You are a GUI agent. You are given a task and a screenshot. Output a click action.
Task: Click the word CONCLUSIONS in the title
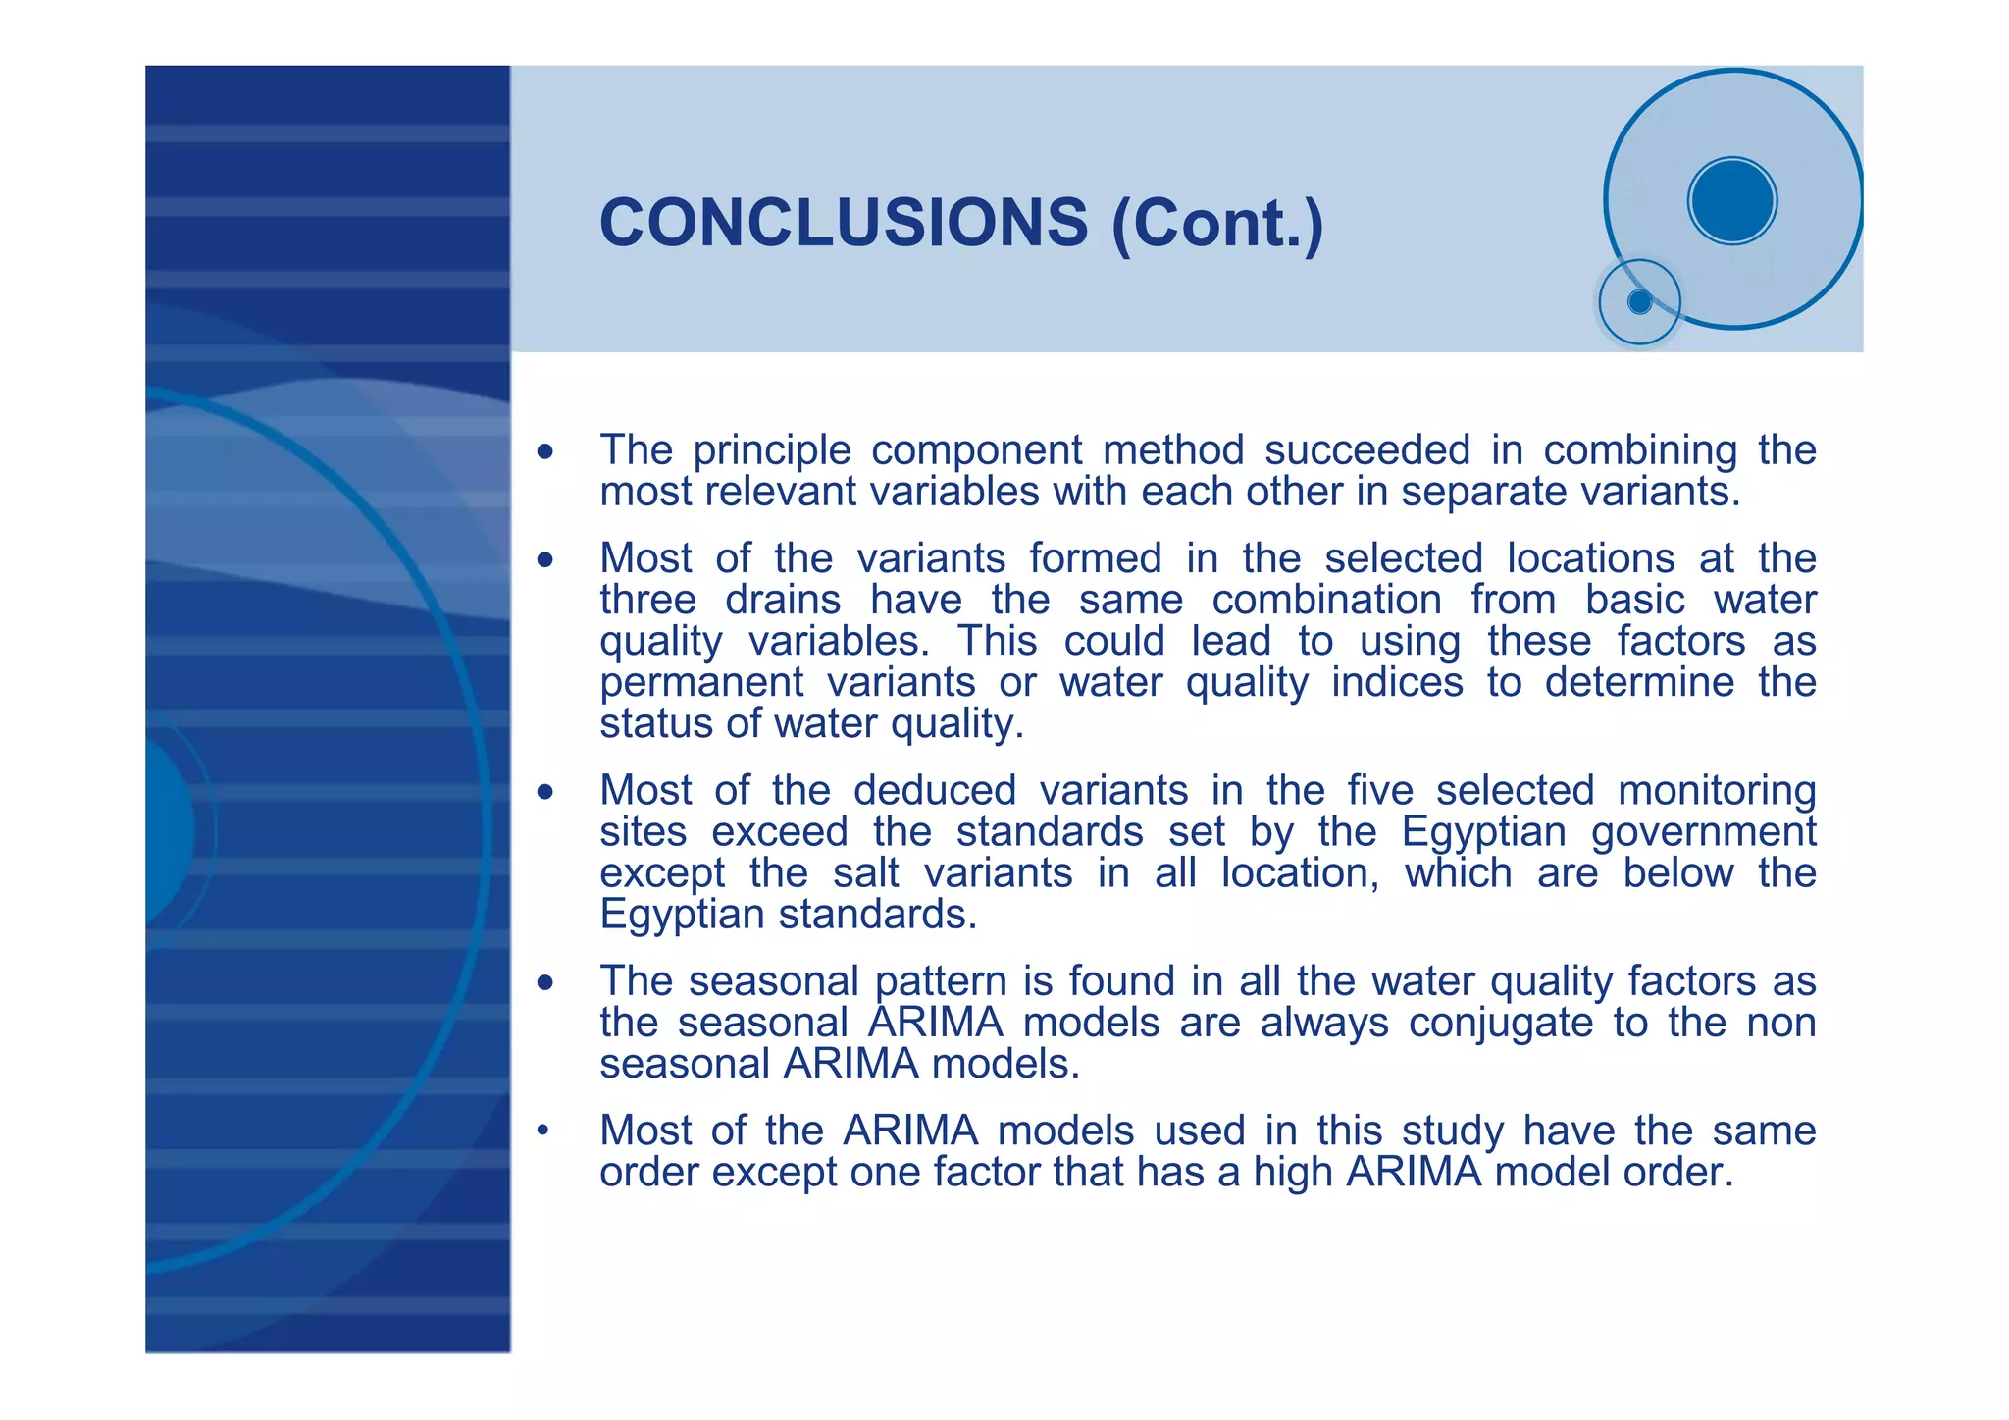843,222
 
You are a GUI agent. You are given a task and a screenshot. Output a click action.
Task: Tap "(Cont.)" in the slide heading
1217,224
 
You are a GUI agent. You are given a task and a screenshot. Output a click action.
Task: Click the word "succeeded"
1367,449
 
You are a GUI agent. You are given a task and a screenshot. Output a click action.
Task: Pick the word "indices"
1397,682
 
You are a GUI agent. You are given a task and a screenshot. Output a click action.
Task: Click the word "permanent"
700,683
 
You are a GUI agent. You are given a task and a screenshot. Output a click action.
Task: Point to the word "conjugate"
1500,1024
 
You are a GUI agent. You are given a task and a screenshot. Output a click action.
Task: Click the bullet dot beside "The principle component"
545,452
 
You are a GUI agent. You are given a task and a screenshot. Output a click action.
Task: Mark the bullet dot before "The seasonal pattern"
545,982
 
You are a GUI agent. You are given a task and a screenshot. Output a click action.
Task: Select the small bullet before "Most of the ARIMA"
541,1131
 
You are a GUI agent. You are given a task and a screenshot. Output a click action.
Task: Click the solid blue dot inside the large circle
1732,200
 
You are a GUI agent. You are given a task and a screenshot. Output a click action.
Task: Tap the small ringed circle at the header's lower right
1639,302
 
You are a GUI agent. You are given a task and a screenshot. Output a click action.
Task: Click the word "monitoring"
1717,790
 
